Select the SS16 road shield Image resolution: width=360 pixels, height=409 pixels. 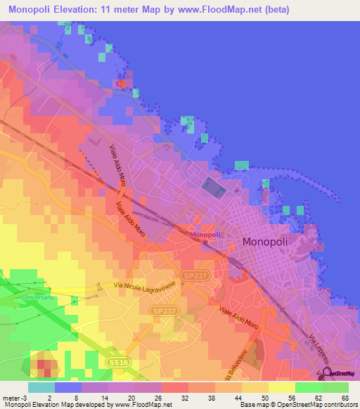click(119, 361)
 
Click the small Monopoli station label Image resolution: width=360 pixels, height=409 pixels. click(205, 234)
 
